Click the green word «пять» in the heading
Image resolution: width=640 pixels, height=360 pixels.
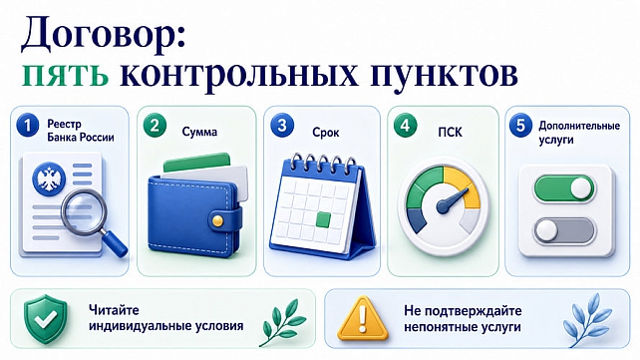pos(65,75)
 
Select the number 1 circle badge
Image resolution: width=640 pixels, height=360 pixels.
pos(28,125)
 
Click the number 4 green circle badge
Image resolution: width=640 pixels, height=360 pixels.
pos(406,126)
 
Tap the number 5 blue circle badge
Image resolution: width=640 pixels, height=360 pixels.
pos(520,125)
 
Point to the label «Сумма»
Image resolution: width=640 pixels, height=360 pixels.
pos(199,132)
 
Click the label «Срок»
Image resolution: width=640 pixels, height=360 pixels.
pos(326,133)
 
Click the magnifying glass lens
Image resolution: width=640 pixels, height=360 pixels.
pos(84,211)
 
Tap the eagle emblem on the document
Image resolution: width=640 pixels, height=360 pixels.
pos(49,179)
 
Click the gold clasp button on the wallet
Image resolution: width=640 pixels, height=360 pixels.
pos(218,220)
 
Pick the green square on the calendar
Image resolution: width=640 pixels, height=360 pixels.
pos(323,219)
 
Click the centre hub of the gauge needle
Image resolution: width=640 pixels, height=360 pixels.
pos(443,206)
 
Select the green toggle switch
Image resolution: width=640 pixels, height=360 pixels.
pos(564,188)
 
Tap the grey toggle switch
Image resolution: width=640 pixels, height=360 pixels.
pos(564,231)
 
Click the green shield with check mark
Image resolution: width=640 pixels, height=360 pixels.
pos(45,319)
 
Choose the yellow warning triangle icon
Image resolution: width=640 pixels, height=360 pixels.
pos(363,318)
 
